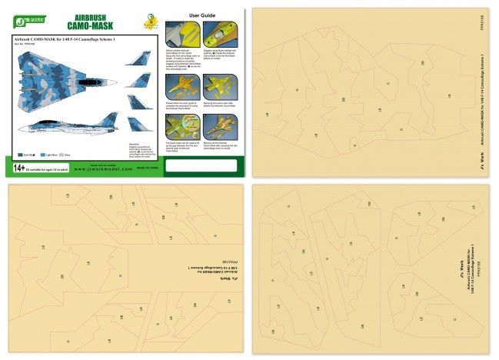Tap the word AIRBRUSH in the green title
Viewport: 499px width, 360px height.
click(90, 17)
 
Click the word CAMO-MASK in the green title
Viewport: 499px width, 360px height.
click(90, 27)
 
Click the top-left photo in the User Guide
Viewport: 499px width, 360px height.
click(176, 33)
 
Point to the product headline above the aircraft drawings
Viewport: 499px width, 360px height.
click(65, 39)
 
